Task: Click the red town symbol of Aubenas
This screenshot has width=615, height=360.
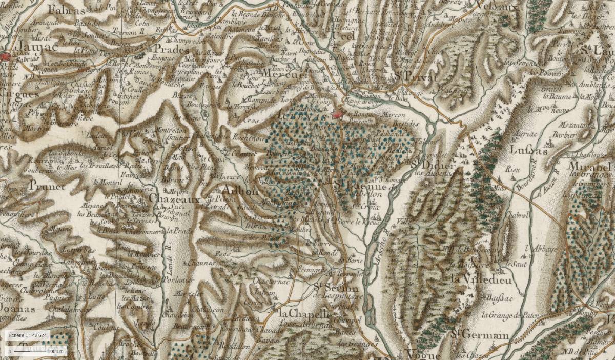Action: [337, 115]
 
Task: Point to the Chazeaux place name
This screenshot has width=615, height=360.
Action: [171, 197]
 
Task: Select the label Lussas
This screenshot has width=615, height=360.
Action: [529, 150]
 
